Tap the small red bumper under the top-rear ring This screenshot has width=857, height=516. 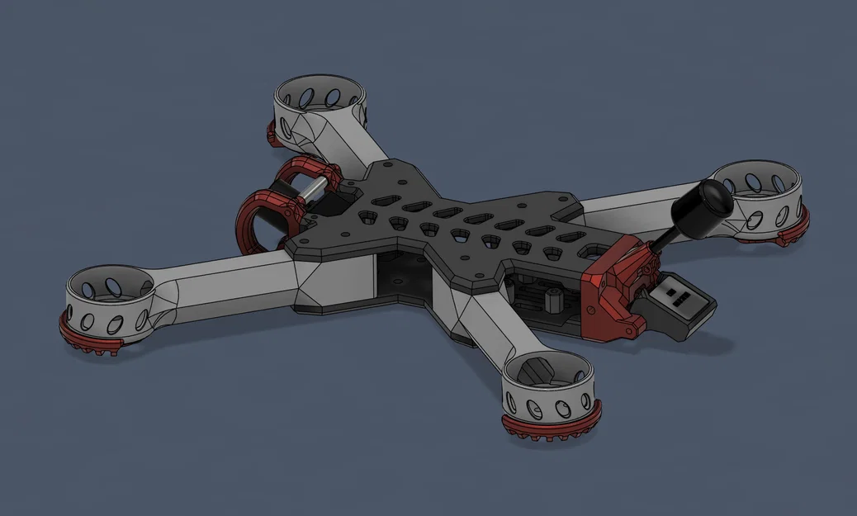(271, 132)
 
